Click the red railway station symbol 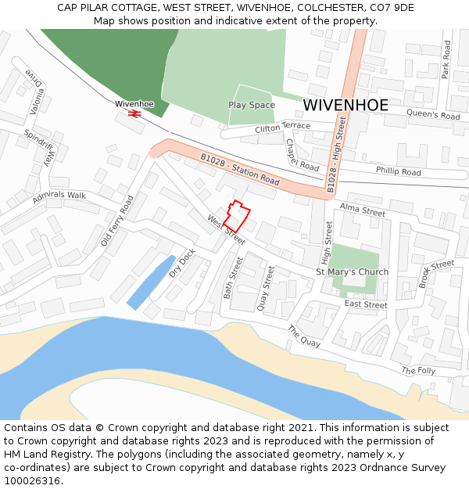coord(134,114)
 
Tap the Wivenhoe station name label coord(134,103)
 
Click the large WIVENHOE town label coord(345,105)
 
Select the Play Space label coord(252,105)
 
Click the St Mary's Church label coord(352,272)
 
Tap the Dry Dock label coord(182,263)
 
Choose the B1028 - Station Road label coord(239,169)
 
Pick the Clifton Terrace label coord(282,128)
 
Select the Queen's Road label coord(433,115)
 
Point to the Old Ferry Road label coord(117,221)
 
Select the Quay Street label coord(266,289)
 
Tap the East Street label coord(366,304)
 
